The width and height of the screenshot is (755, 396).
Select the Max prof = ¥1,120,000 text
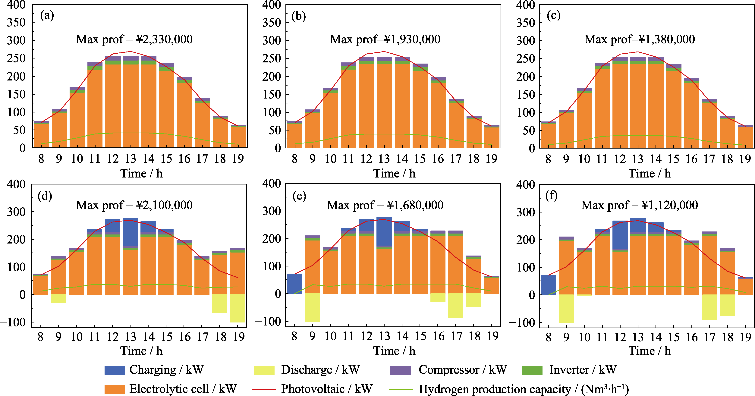tap(640, 205)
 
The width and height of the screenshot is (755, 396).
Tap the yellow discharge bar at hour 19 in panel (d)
tap(238, 308)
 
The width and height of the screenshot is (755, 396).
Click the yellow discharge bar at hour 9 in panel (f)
tap(566, 309)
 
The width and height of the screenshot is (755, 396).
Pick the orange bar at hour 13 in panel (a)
tap(131, 105)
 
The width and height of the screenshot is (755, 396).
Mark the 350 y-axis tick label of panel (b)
tap(271, 23)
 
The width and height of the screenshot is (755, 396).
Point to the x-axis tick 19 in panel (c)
tap(745, 159)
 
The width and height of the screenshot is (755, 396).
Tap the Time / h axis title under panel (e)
tap(394, 351)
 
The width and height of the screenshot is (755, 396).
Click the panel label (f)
tap(551, 196)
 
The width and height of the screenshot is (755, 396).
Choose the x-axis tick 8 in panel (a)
tap(41, 159)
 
